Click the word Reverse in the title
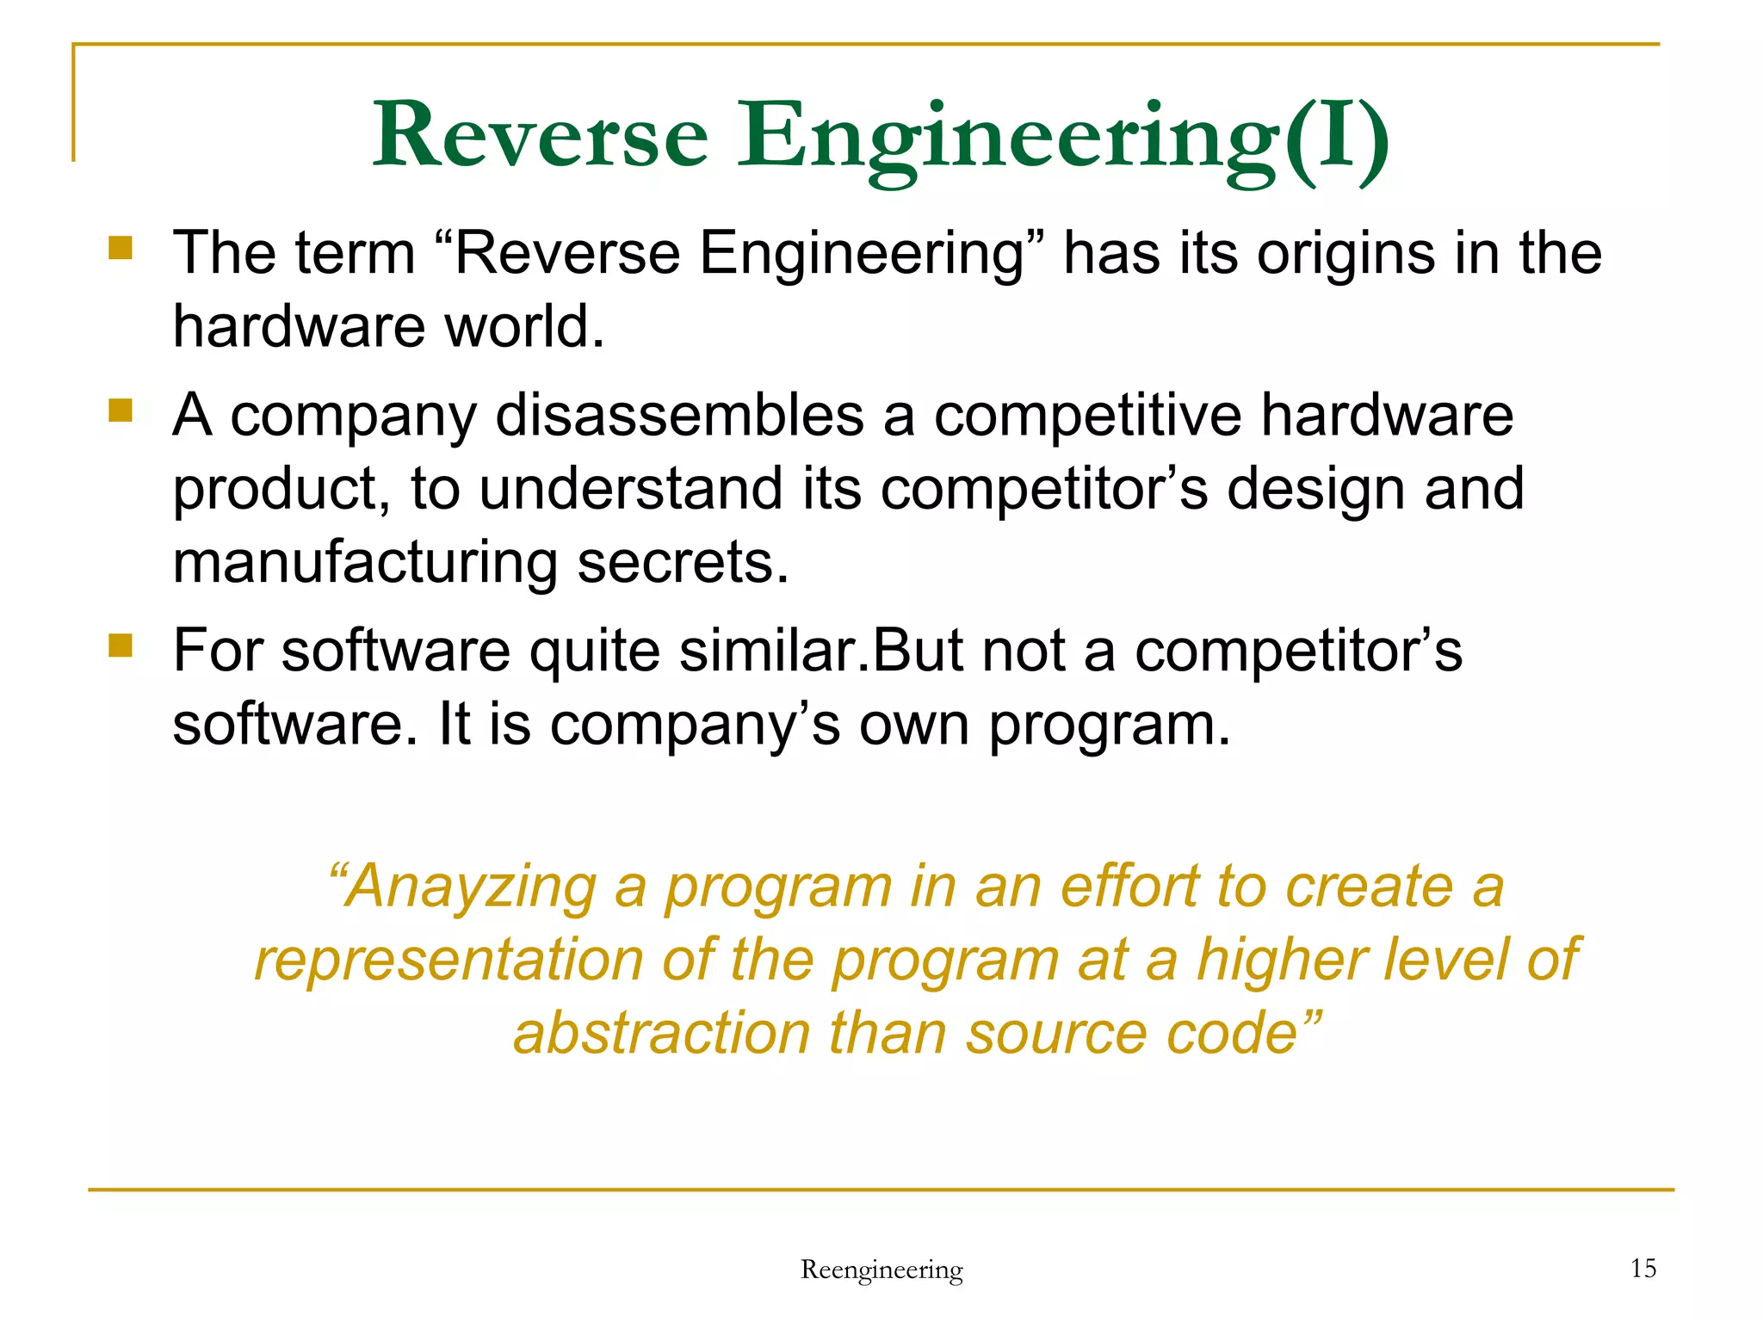541,136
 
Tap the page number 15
1643,1268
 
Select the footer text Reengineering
881,1269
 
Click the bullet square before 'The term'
121,249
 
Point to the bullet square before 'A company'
121,411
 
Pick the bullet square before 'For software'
121,646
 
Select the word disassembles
679,416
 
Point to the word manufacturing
365,563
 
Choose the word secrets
683,563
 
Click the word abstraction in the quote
662,1033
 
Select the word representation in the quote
448,960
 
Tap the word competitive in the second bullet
1088,416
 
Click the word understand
630,489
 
